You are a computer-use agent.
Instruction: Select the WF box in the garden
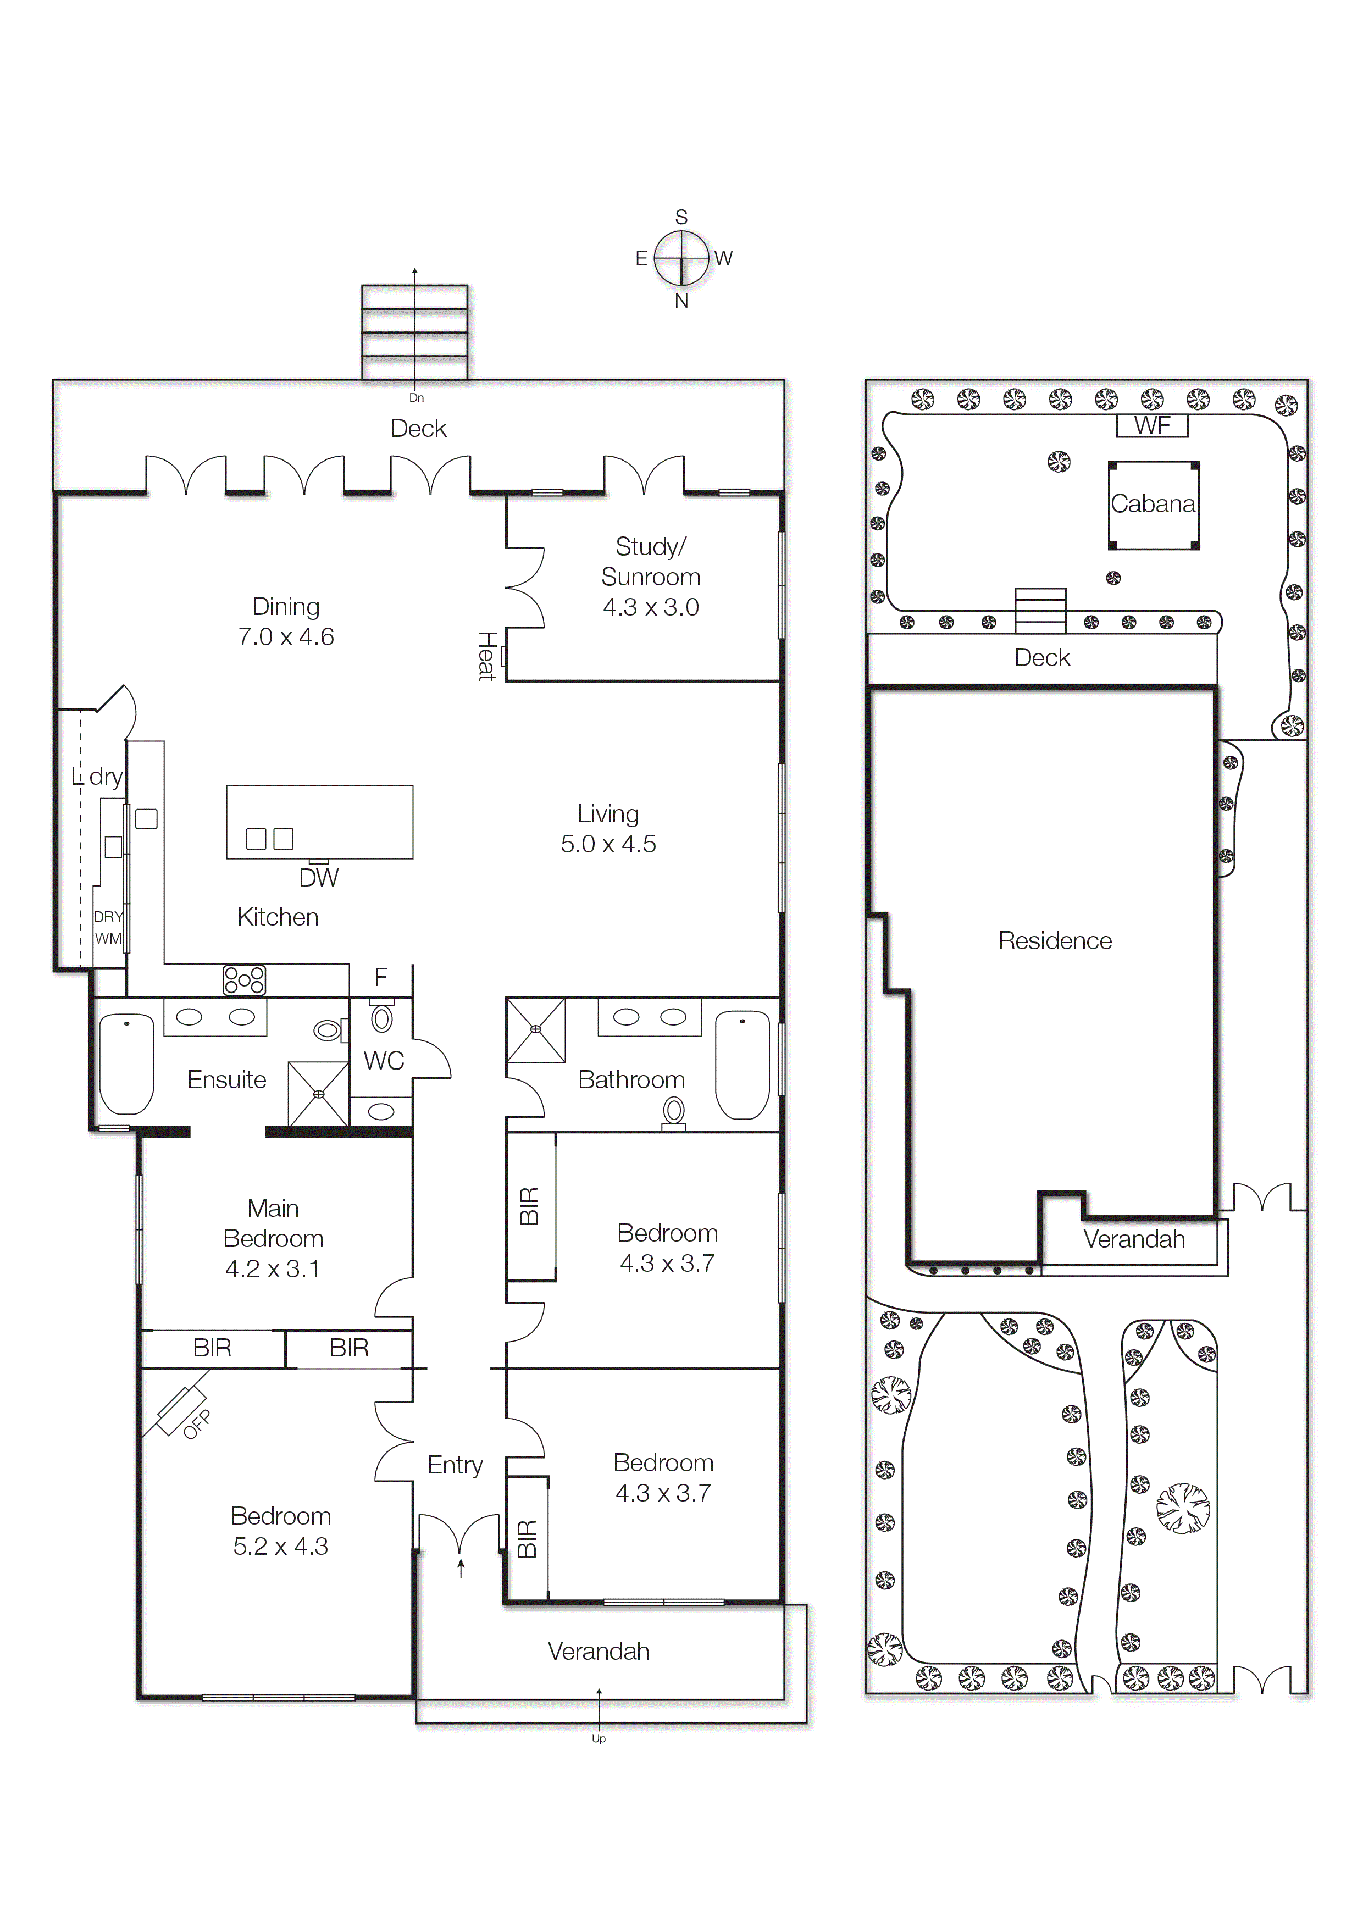1151,426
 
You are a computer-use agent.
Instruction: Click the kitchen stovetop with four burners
243,980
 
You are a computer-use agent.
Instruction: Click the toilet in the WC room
382,1018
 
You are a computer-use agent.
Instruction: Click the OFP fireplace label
197,1425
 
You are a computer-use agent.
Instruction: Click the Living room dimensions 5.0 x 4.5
608,844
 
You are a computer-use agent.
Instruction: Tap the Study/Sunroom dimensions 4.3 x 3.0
650,607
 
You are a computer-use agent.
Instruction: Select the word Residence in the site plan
1054,940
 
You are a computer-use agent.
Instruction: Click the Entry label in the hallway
455,1465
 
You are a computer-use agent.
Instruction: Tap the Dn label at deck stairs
417,398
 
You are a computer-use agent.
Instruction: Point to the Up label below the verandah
598,1738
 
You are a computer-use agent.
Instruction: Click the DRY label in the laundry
108,917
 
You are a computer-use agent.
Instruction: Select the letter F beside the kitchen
380,977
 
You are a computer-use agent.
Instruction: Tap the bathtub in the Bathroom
743,1064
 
